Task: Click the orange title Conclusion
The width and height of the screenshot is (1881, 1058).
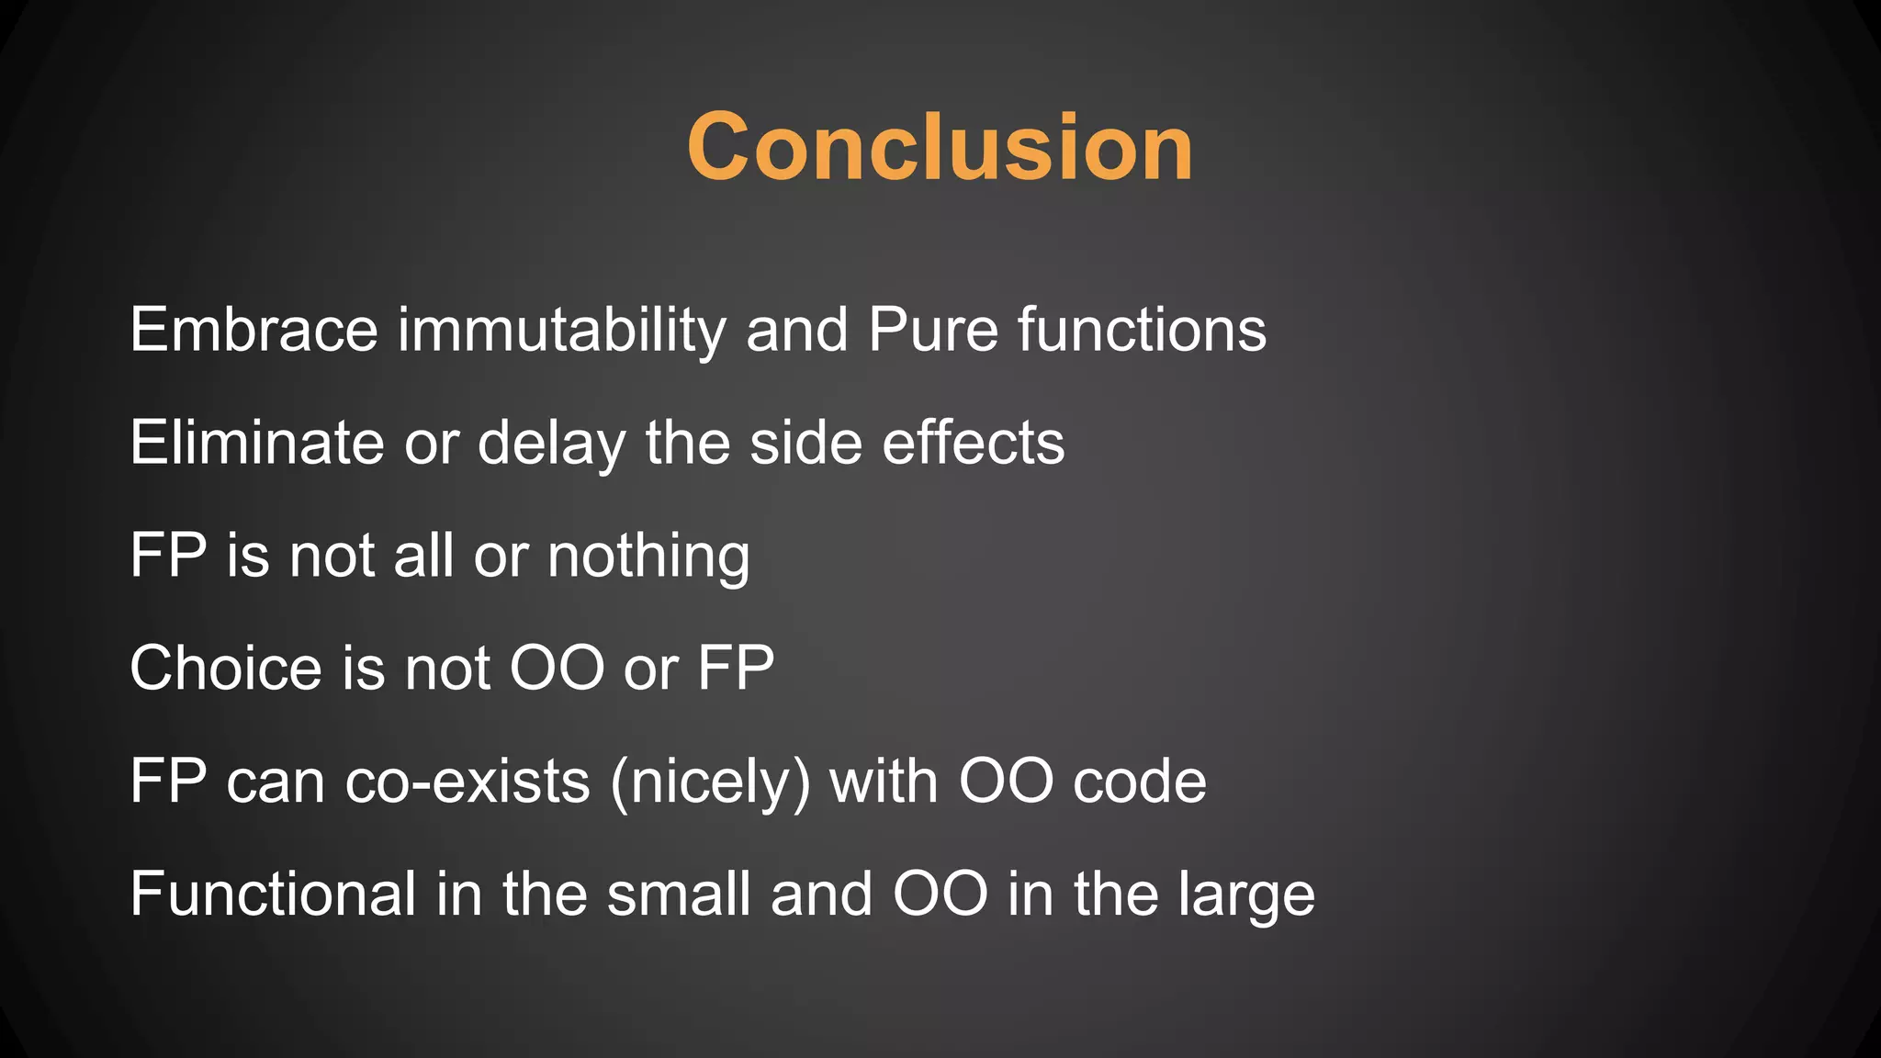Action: point(940,147)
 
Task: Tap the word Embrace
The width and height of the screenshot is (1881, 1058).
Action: point(253,330)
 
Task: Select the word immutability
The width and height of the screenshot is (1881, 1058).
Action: point(561,330)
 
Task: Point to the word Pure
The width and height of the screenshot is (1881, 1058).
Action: point(932,330)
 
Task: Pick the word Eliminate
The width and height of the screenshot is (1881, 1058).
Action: point(257,443)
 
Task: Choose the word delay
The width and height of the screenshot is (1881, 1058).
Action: point(551,443)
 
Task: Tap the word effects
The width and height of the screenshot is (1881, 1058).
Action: point(974,443)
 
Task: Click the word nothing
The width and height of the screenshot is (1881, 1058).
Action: point(648,556)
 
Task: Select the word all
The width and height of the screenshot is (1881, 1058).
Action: point(423,556)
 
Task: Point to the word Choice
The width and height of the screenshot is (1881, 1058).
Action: point(226,668)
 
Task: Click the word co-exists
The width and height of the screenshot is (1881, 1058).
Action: point(467,782)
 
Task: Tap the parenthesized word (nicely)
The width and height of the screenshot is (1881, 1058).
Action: point(710,782)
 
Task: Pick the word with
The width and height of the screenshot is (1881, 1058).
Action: point(884,782)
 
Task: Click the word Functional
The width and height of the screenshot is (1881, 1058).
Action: point(273,894)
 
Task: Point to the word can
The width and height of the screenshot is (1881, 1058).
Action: point(276,783)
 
